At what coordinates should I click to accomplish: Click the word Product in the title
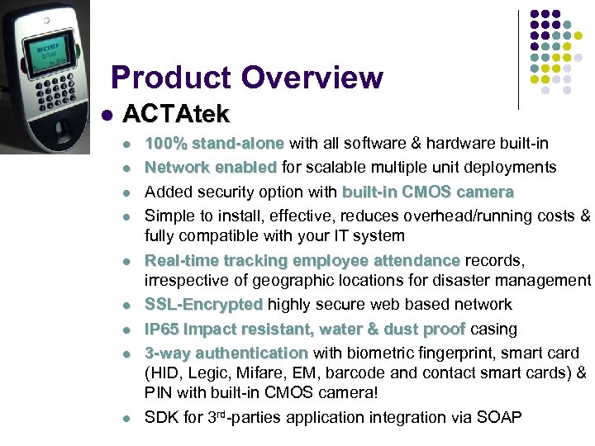click(x=170, y=78)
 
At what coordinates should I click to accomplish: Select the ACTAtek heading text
click(x=175, y=113)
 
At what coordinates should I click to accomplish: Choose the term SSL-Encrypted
click(x=203, y=305)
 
